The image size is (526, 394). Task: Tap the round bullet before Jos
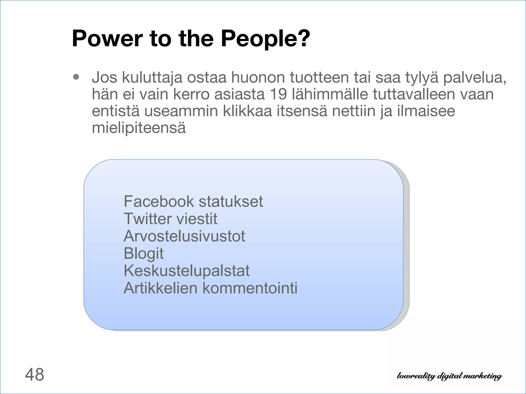(x=76, y=77)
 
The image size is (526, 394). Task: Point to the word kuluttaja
(x=152, y=77)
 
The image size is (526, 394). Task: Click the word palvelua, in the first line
(x=475, y=77)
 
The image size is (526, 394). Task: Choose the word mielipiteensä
(x=139, y=128)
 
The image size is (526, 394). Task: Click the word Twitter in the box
(x=148, y=219)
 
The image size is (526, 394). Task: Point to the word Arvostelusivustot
(x=184, y=236)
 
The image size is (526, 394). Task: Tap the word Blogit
(x=143, y=253)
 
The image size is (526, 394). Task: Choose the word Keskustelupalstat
(x=186, y=271)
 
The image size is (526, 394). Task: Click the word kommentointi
(x=250, y=288)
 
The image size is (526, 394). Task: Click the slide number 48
(x=34, y=375)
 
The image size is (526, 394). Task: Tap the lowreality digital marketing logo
(x=449, y=376)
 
